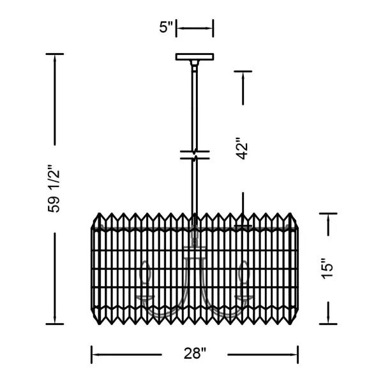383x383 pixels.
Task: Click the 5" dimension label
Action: coord(166,27)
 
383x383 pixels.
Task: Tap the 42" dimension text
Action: coord(243,149)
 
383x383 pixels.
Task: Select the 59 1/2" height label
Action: coord(54,189)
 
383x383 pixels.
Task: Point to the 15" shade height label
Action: coord(327,269)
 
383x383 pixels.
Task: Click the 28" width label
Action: coord(195,354)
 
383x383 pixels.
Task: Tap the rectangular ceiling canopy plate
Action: coord(195,57)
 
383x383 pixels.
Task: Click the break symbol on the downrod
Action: coord(195,155)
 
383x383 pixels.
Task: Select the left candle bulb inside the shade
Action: coord(146,273)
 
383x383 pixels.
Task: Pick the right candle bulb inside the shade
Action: coord(244,273)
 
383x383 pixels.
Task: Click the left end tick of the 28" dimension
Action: coord(91,354)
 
